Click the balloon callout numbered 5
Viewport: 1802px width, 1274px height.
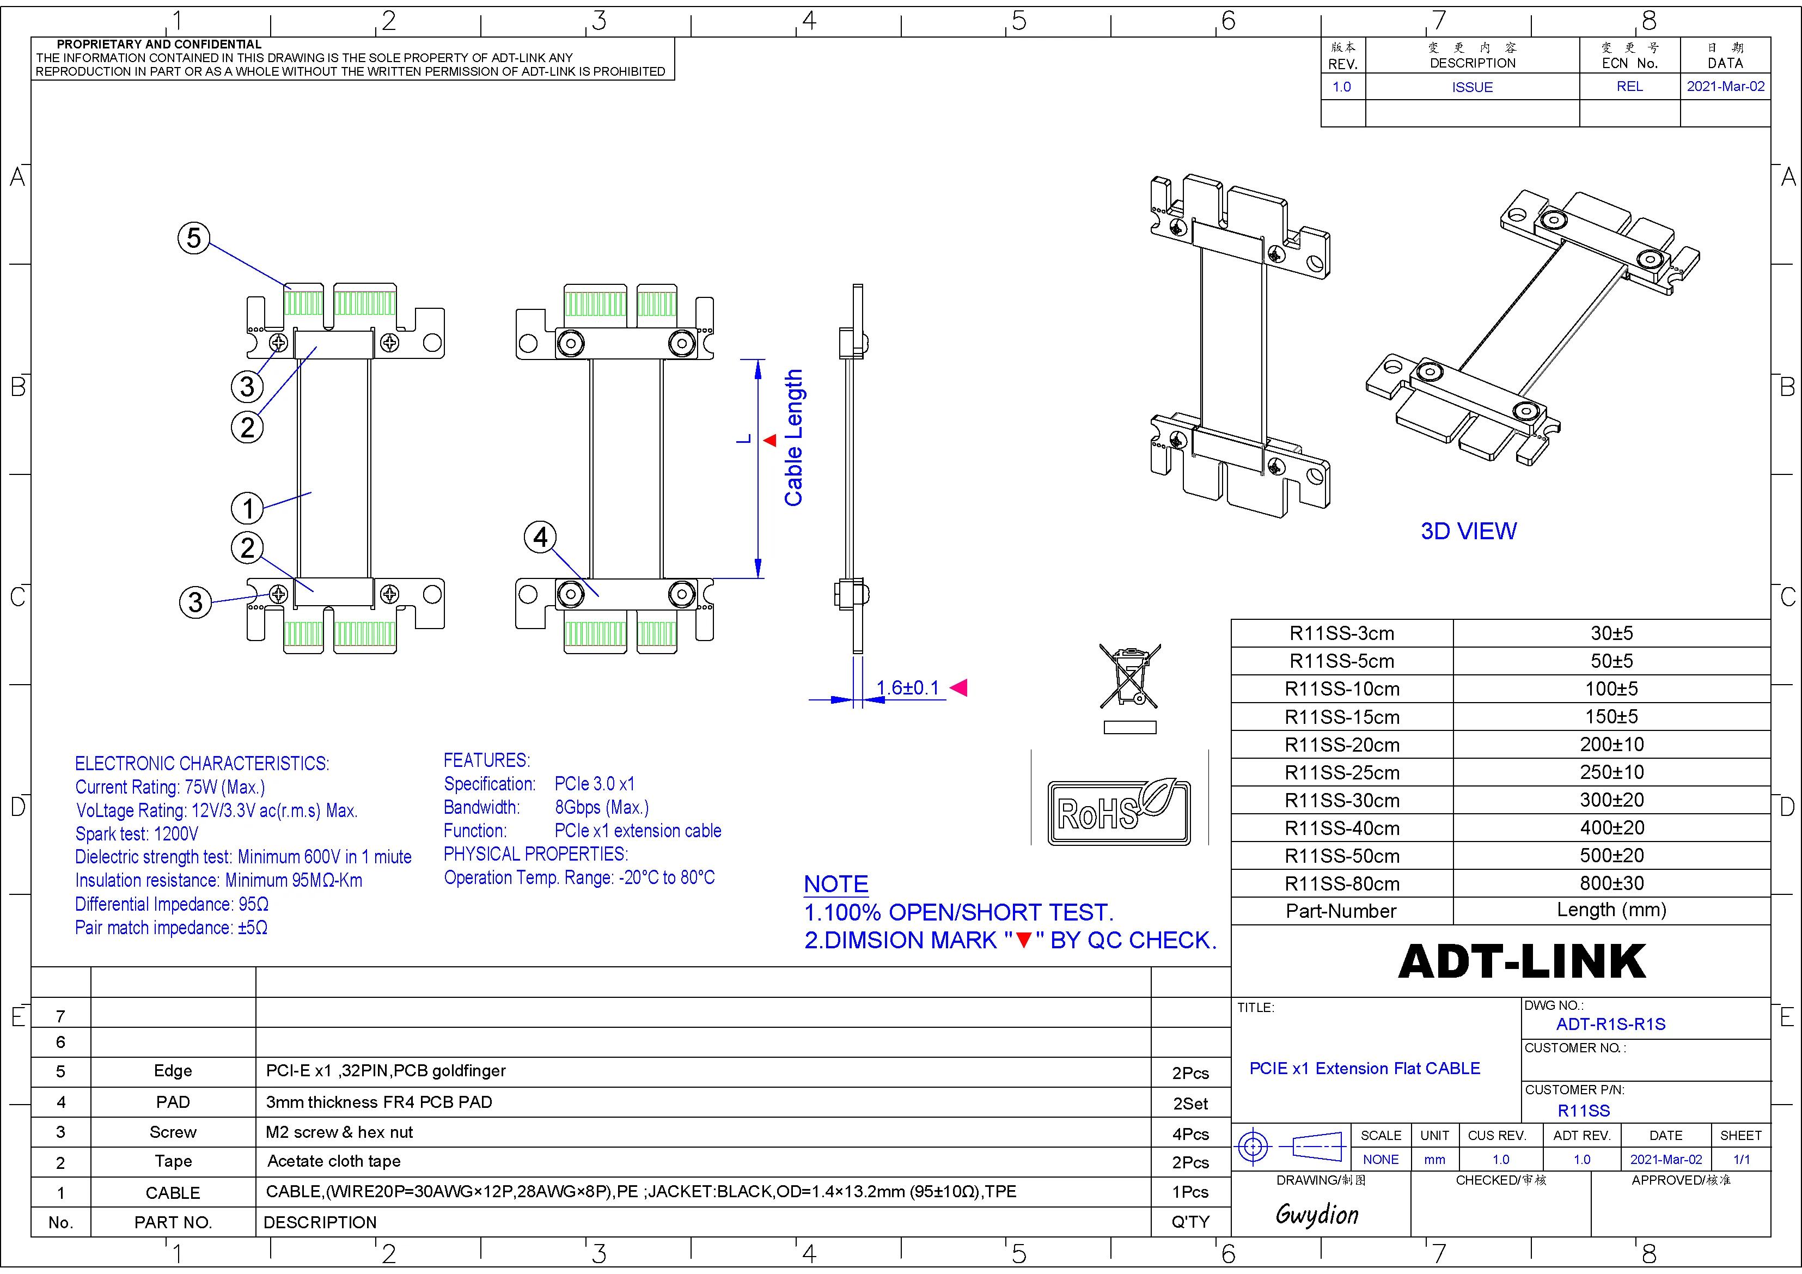(x=194, y=238)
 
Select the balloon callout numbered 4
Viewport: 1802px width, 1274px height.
(x=540, y=537)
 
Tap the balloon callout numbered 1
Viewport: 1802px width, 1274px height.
(x=247, y=508)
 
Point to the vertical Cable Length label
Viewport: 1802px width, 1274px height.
(x=793, y=437)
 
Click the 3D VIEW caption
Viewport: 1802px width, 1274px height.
(x=1468, y=532)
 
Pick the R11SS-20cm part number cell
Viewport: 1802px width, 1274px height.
(x=1342, y=745)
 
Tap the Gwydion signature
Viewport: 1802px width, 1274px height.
(x=1317, y=1214)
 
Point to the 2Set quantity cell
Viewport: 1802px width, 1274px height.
(x=1190, y=1104)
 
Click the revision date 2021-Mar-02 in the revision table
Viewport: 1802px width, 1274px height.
(x=1725, y=87)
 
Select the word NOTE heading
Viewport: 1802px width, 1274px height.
(x=836, y=884)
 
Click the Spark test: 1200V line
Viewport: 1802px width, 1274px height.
(x=137, y=834)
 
